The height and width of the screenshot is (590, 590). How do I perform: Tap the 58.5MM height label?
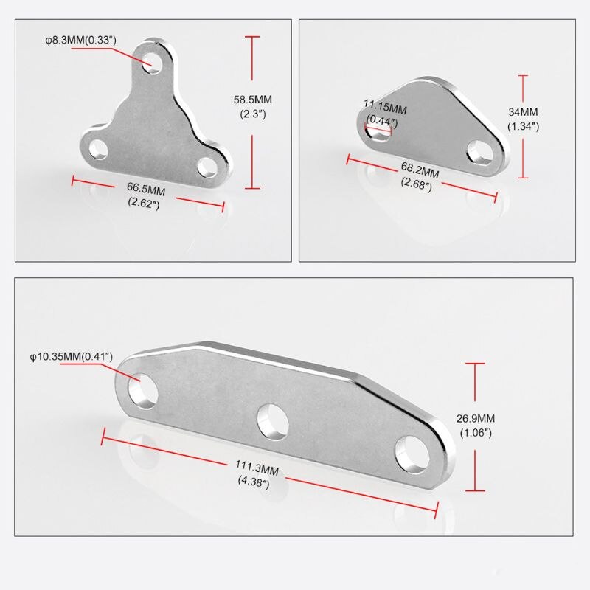click(x=254, y=99)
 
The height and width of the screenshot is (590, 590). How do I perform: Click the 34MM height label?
click(x=524, y=111)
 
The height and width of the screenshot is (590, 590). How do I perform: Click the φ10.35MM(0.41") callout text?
click(x=71, y=356)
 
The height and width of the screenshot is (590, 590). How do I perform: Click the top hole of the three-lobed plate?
click(x=155, y=60)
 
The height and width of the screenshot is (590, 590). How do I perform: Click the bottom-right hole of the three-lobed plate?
click(x=207, y=164)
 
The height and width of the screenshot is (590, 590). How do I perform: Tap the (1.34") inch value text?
click(x=524, y=126)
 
